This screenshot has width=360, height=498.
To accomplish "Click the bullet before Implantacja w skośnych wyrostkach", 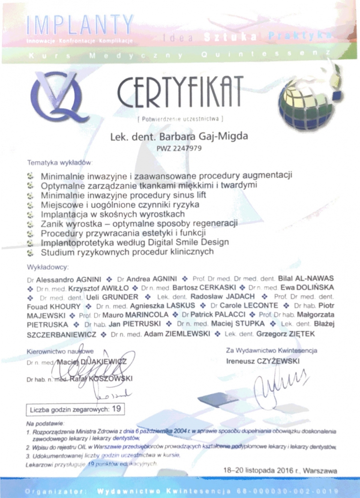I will [x=31, y=214].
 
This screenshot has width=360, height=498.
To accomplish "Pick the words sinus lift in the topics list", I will [x=186, y=195].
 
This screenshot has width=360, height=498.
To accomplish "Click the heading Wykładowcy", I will [x=48, y=267].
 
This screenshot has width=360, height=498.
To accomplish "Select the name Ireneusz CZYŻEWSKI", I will [x=263, y=361].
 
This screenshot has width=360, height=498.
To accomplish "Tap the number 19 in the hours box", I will [x=116, y=409].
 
